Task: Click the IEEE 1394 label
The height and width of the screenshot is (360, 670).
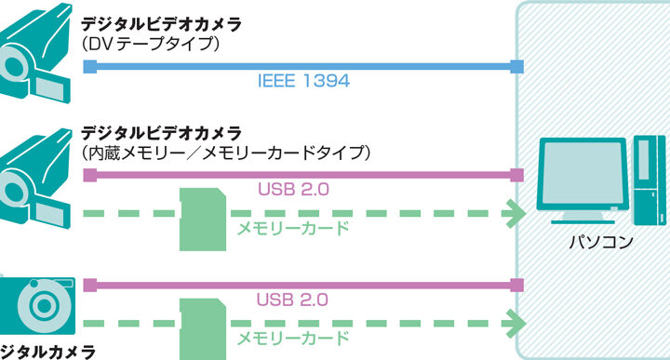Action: tap(303, 81)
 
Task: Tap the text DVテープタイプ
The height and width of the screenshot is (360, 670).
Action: tap(151, 44)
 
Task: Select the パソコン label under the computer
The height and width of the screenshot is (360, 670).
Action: tap(601, 242)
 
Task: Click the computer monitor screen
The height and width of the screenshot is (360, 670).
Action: tap(583, 172)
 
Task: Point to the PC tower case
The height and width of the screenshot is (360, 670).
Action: tap(650, 180)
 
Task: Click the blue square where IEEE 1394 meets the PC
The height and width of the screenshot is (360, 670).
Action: tap(517, 67)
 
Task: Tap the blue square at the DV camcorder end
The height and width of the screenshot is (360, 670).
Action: tap(89, 67)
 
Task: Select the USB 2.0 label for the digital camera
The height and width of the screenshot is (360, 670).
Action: tap(292, 300)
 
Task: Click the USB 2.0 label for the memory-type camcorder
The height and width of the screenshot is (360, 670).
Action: tap(293, 189)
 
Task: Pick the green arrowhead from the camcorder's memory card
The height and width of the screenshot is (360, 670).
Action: tap(516, 213)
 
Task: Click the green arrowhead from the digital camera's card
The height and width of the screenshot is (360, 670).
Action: tap(516, 324)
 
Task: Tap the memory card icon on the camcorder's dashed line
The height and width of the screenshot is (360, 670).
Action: tap(203, 220)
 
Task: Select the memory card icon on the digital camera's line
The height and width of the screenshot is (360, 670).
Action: tap(203, 329)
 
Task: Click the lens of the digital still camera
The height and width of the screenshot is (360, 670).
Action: tap(43, 305)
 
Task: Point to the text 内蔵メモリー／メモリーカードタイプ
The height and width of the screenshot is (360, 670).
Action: tap(226, 153)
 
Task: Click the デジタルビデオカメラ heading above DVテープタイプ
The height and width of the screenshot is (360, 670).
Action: tap(162, 24)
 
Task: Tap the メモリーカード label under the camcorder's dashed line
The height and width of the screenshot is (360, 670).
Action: tap(293, 229)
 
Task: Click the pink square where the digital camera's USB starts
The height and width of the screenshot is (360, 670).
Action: tap(89, 286)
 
